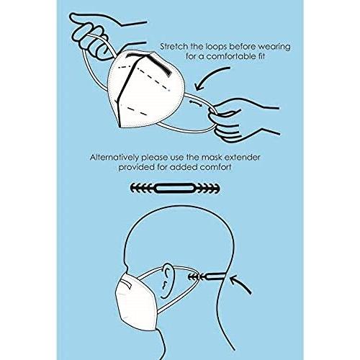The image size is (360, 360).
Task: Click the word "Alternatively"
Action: (x=114, y=158)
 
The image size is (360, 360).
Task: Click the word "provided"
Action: (x=136, y=167)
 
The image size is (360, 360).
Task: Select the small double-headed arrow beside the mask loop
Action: (x=196, y=103)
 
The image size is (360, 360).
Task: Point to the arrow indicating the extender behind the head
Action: (x=240, y=284)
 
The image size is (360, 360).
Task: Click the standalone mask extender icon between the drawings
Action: (x=175, y=188)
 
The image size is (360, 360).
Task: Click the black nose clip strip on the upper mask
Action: (x=160, y=65)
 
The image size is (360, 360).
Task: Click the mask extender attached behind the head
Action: (x=207, y=277)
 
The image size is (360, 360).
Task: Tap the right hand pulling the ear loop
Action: (x=240, y=121)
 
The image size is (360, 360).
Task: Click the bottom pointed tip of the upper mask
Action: (x=120, y=127)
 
